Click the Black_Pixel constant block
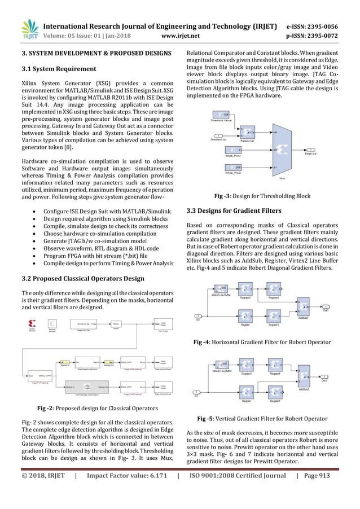click(x=236, y=150)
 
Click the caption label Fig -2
click(x=46, y=407)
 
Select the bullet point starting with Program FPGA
click(x=95, y=255)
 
